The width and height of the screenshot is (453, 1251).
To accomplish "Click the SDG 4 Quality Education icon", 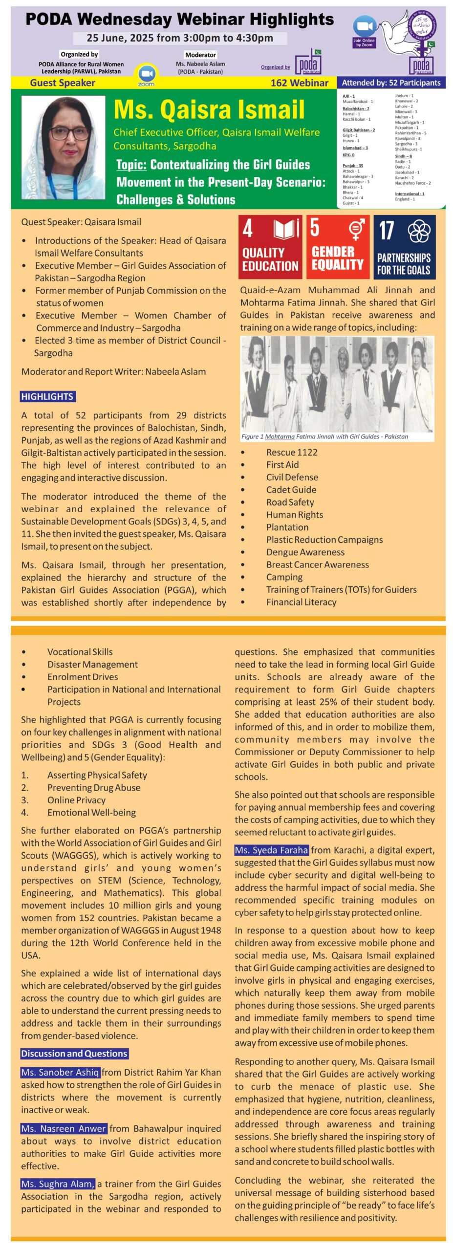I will tap(270, 247).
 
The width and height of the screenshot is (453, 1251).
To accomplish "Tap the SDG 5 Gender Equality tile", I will tap(338, 247).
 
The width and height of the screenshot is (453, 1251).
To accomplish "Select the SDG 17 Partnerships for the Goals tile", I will tap(404, 247).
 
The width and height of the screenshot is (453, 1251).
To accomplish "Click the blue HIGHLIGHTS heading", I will tap(47, 396).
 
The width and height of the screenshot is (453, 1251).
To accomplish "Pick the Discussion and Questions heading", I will tap(74, 1053).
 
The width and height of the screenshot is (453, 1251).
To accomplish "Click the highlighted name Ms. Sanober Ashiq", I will tap(60, 1072).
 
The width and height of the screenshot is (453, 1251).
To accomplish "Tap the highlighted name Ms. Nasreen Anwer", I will tap(64, 1128).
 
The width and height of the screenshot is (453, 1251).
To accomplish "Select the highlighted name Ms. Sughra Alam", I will tap(58, 1184).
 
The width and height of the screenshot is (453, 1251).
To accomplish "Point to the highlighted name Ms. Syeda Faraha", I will tap(272, 850).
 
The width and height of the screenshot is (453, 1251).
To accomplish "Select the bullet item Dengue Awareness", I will tap(305, 552).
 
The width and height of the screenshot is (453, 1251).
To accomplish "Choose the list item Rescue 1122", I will tap(292, 452).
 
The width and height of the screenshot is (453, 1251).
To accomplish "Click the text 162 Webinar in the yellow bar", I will tap(299, 83).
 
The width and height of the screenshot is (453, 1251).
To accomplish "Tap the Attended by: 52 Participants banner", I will tap(391, 83).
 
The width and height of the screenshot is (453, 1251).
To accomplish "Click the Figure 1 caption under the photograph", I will tap(324, 436).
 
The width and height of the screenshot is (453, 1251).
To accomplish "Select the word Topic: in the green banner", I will tap(131, 165).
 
